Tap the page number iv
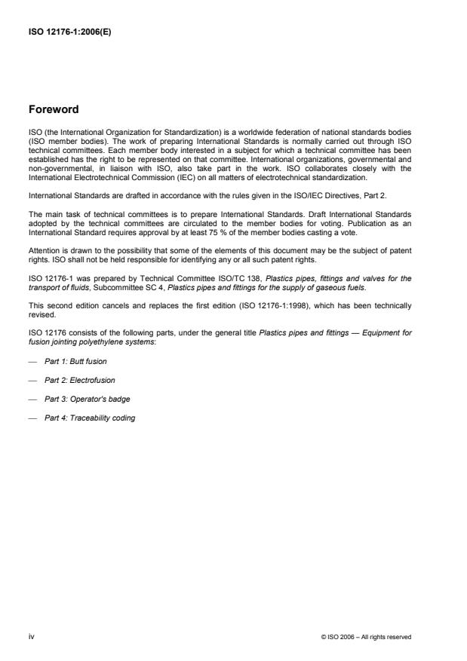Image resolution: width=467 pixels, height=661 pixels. (31, 637)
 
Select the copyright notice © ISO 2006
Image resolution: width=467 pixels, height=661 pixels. (366, 637)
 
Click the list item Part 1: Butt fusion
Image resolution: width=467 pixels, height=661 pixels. (75, 362)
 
